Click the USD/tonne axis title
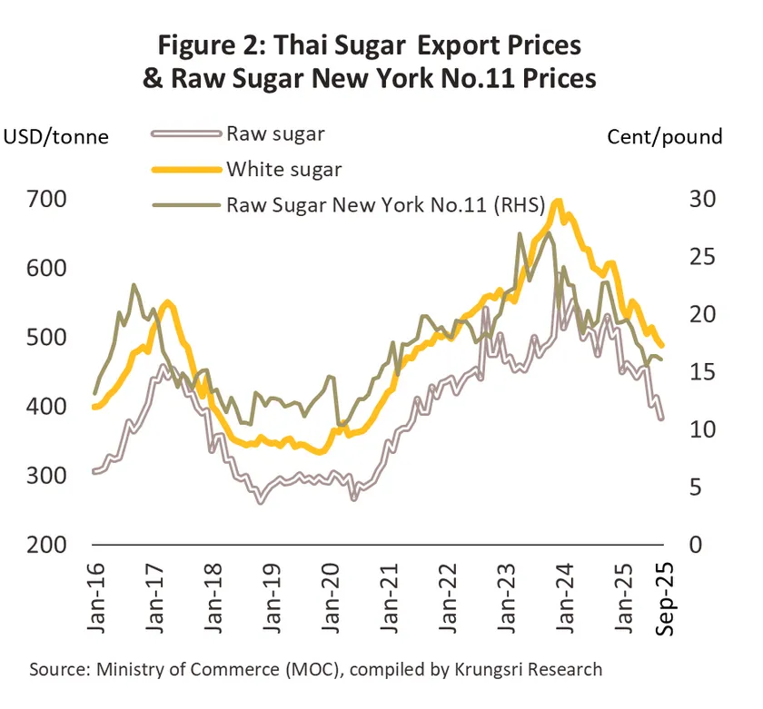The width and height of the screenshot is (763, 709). coord(56,137)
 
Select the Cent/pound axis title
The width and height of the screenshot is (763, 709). coord(664,137)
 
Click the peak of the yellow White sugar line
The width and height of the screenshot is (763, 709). coord(558,202)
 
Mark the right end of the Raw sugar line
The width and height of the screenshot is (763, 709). coord(661,419)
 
